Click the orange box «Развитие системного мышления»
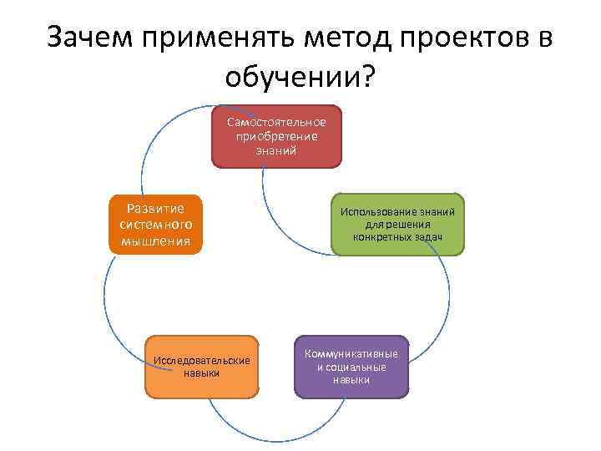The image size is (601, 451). click(x=155, y=225)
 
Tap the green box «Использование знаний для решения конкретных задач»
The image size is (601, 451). click(x=397, y=225)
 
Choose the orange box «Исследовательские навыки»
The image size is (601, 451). click(x=202, y=367)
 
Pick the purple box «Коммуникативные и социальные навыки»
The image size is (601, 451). click(x=351, y=367)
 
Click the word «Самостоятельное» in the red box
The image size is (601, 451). click(x=276, y=123)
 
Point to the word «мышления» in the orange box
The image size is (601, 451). click(x=155, y=242)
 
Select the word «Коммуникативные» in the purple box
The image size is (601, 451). click(x=351, y=354)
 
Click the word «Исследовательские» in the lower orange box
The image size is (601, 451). click(x=202, y=360)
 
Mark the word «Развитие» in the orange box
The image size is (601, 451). click(x=155, y=208)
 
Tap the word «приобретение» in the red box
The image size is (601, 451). click(x=276, y=136)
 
